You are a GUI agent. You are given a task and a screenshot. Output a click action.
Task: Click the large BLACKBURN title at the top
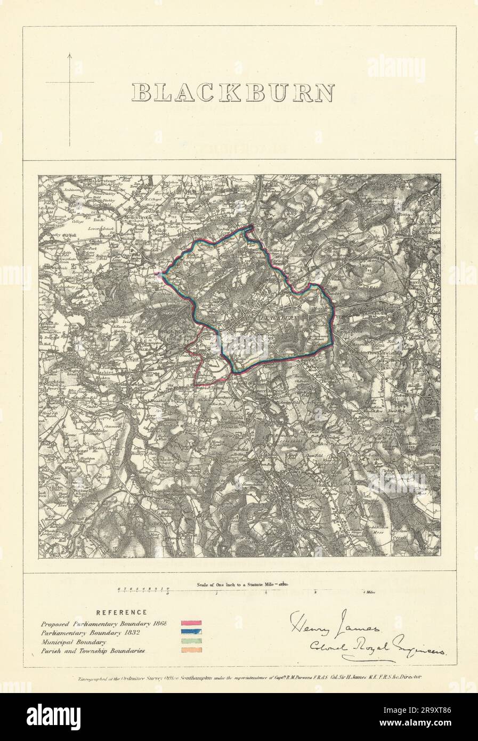point(233,92)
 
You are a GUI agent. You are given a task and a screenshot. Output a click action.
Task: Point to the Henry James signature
point(334,623)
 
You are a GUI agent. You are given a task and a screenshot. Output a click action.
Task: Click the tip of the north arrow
point(70,53)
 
